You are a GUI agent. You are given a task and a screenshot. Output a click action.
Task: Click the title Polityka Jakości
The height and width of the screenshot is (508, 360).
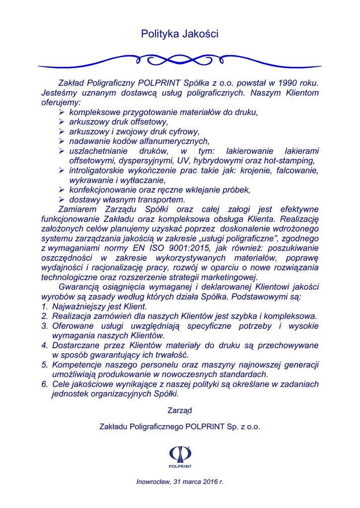click(180, 34)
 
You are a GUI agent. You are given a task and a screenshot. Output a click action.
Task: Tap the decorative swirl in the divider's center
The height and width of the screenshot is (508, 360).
click(180, 61)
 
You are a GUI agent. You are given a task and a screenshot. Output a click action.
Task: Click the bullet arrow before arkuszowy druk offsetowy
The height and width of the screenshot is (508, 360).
click(62, 122)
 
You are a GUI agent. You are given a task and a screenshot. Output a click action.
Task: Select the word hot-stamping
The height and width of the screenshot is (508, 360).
click(291, 160)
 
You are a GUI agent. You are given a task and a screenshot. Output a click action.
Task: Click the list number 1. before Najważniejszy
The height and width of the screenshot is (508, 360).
click(44, 306)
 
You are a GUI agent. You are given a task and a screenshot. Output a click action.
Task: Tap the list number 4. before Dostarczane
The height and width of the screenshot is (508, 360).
click(44, 345)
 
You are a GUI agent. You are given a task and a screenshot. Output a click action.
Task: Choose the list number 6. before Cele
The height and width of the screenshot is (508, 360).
click(44, 384)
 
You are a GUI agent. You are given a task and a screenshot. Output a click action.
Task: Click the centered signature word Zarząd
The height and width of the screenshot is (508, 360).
click(180, 410)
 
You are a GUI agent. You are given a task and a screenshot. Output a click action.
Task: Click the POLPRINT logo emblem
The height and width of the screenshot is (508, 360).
click(180, 454)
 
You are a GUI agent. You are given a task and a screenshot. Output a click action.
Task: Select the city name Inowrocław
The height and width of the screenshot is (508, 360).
click(153, 481)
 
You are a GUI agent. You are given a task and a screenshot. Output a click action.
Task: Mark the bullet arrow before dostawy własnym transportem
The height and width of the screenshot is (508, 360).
click(62, 199)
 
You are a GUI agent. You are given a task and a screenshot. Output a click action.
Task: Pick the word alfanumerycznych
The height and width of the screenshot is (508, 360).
click(169, 141)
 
